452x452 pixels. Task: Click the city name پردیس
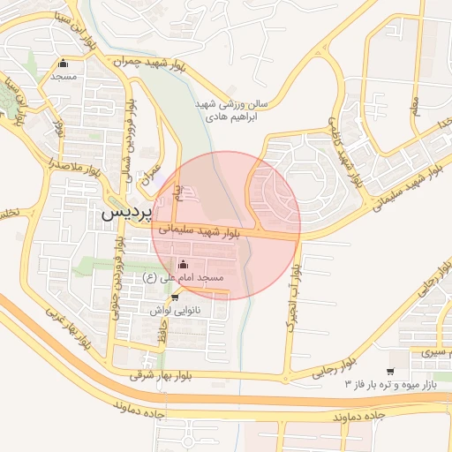coord(127,213)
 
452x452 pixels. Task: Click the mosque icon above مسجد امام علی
coord(184,264)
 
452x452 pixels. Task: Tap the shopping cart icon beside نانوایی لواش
coord(162,298)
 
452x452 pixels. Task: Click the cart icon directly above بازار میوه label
coord(391,372)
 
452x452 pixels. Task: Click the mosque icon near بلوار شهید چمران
coord(63,64)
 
